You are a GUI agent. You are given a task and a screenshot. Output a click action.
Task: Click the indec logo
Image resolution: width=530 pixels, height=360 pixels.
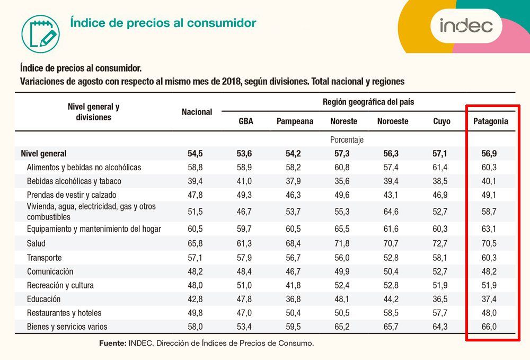(466, 25)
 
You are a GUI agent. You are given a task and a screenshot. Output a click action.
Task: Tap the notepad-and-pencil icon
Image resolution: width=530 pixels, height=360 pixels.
(41, 34)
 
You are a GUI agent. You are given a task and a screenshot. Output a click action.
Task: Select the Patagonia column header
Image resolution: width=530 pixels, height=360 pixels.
(490, 121)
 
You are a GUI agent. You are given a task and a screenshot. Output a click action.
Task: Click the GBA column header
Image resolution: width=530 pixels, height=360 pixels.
(246, 121)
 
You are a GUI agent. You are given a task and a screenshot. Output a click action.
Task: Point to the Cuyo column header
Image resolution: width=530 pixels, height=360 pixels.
(441, 121)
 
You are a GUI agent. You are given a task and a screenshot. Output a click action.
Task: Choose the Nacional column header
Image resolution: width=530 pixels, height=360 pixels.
(197, 112)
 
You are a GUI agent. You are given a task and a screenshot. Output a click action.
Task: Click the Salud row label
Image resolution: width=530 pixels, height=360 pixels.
(36, 243)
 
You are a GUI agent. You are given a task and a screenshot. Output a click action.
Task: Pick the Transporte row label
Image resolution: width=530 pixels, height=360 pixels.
(45, 258)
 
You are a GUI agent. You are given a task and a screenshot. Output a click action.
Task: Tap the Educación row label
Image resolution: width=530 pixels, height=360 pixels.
(43, 299)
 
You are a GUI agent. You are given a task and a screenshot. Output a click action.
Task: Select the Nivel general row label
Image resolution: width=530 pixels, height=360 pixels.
(43, 154)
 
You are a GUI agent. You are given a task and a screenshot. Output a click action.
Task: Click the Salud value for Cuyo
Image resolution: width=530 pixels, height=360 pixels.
(440, 243)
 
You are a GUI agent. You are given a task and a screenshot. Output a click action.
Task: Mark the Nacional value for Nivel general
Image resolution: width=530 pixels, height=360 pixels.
(195, 154)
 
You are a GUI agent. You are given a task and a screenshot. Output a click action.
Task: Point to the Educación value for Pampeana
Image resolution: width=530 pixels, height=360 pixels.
(293, 299)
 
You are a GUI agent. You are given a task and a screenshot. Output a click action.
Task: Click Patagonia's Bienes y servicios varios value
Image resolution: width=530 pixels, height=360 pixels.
(489, 327)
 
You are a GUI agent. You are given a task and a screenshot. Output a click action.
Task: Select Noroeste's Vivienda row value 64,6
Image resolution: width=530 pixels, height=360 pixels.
(391, 212)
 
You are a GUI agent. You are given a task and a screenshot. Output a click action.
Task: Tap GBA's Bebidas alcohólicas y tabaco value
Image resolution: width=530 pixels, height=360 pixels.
(244, 181)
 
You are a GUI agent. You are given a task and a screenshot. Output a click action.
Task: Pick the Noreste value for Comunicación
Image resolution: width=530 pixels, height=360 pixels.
(342, 271)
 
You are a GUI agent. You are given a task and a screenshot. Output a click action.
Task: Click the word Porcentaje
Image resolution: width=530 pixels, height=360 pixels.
(347, 140)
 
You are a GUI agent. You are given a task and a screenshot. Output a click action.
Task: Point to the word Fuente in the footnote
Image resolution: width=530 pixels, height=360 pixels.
(112, 344)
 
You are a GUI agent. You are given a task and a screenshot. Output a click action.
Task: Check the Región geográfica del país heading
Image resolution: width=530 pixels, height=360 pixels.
(368, 102)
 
